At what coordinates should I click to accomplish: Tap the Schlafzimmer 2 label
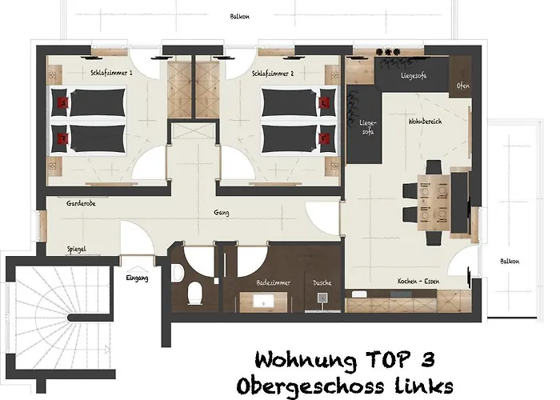click(x=273, y=73)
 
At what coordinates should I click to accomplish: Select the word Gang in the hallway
click(x=222, y=213)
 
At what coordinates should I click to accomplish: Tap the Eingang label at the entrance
click(x=138, y=278)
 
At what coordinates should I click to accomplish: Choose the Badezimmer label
click(x=274, y=283)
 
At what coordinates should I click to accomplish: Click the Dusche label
click(x=323, y=283)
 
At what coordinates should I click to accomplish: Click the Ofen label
click(x=463, y=86)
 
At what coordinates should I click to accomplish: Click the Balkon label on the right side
click(x=510, y=262)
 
